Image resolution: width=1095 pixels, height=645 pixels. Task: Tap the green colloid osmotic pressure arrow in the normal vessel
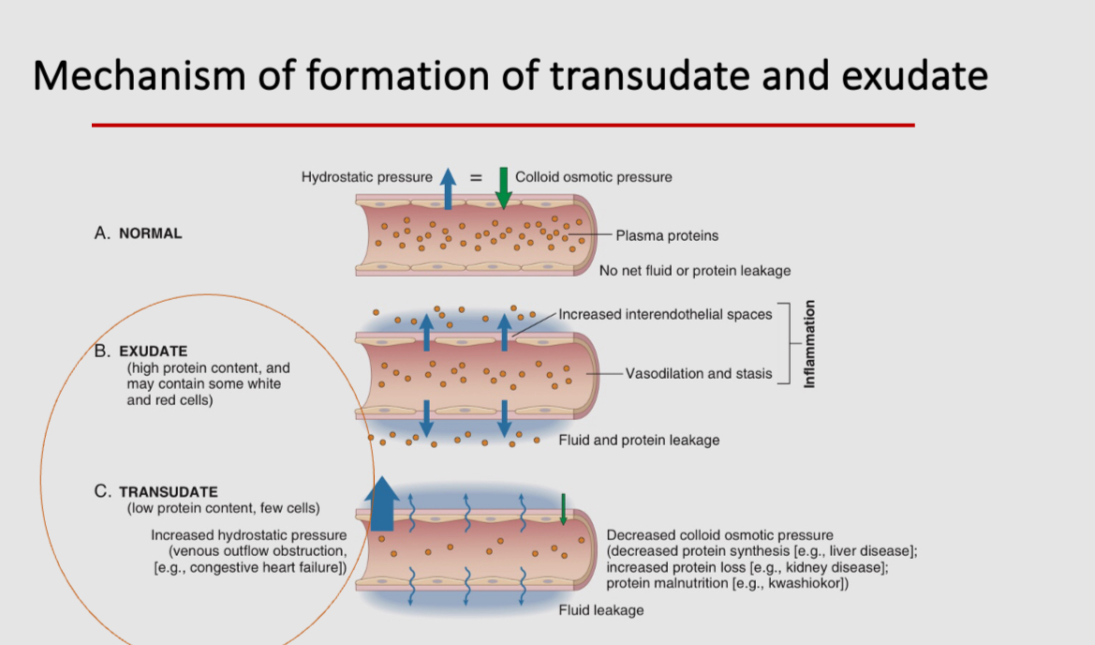pyautogui.click(x=503, y=187)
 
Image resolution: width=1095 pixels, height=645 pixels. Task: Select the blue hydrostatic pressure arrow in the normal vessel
pyautogui.click(x=448, y=188)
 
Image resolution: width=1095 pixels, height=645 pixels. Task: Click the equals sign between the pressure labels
pyautogui.click(x=475, y=176)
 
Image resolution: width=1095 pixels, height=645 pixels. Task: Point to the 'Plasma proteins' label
pyautogui.click(x=667, y=235)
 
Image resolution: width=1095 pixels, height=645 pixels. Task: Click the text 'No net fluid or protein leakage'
pyautogui.click(x=695, y=271)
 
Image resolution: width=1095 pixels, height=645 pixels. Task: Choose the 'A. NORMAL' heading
pyautogui.click(x=139, y=233)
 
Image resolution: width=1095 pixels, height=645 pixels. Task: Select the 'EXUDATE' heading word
pyautogui.click(x=154, y=352)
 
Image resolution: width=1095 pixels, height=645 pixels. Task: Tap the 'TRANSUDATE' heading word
pyautogui.click(x=169, y=491)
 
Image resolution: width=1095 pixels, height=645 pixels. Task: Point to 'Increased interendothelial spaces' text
pyautogui.click(x=665, y=314)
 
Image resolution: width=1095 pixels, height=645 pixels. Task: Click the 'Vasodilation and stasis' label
pyautogui.click(x=699, y=373)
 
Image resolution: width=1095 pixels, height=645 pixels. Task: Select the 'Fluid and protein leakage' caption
pyautogui.click(x=639, y=440)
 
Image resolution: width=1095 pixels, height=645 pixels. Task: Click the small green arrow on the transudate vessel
pyautogui.click(x=563, y=508)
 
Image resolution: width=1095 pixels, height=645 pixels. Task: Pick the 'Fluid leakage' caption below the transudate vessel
pyautogui.click(x=600, y=610)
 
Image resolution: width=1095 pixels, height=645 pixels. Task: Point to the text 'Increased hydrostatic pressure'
pyautogui.click(x=247, y=534)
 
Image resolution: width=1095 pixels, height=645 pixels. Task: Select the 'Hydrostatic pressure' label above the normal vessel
pyautogui.click(x=366, y=176)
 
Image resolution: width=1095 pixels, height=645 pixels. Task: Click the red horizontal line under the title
pyautogui.click(x=502, y=125)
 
